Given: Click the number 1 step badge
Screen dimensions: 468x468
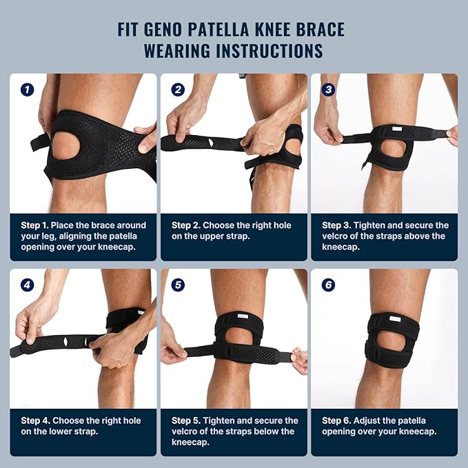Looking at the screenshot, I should click(27, 90).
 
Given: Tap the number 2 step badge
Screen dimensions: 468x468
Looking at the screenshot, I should click(178, 90).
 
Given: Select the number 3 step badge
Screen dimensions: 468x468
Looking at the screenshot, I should click(328, 90).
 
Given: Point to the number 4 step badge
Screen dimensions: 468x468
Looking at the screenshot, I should click(27, 284).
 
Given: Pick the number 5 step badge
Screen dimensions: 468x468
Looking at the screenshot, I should click(178, 284).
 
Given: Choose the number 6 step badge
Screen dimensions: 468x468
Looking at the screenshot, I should click(328, 284).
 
